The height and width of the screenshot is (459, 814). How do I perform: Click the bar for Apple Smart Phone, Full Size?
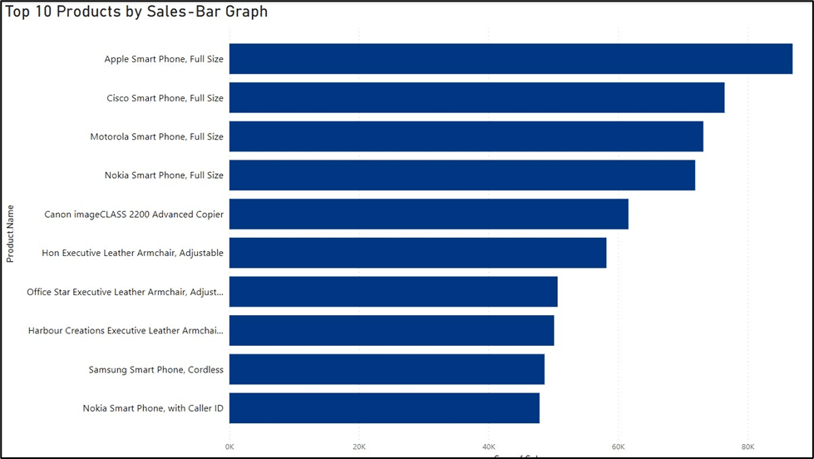pyautogui.click(x=511, y=59)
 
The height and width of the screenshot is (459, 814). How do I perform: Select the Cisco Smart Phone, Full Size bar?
pyautogui.click(x=476, y=98)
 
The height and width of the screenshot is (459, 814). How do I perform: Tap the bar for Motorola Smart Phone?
pyautogui.click(x=466, y=136)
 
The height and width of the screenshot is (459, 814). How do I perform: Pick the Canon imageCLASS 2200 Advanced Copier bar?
pyautogui.click(x=428, y=214)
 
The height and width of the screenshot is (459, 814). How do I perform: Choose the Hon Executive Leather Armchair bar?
pyautogui.click(x=417, y=253)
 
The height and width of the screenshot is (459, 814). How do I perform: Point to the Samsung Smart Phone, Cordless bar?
pyautogui.click(x=387, y=369)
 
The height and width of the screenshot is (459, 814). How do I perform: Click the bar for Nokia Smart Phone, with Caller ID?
pyautogui.click(x=384, y=408)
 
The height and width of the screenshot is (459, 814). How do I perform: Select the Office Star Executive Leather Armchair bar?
pyautogui.click(x=393, y=292)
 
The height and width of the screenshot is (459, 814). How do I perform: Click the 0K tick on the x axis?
pyautogui.click(x=229, y=447)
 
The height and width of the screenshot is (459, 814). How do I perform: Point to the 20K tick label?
pyautogui.click(x=359, y=447)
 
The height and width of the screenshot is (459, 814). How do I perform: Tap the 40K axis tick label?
pyautogui.click(x=489, y=447)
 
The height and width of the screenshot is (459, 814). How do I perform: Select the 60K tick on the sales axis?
pyautogui.click(x=618, y=447)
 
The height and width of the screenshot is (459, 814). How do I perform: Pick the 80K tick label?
pyautogui.click(x=747, y=447)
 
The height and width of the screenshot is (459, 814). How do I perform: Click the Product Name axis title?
pyautogui.click(x=11, y=234)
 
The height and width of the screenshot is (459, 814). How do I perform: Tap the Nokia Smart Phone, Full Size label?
pyautogui.click(x=164, y=175)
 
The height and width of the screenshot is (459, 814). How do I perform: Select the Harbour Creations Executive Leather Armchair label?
pyautogui.click(x=126, y=331)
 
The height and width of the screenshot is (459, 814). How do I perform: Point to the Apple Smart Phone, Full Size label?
pyautogui.click(x=164, y=59)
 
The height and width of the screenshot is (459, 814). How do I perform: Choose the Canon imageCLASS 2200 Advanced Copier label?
pyautogui.click(x=134, y=215)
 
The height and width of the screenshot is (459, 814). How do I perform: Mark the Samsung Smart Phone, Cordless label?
pyautogui.click(x=156, y=369)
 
